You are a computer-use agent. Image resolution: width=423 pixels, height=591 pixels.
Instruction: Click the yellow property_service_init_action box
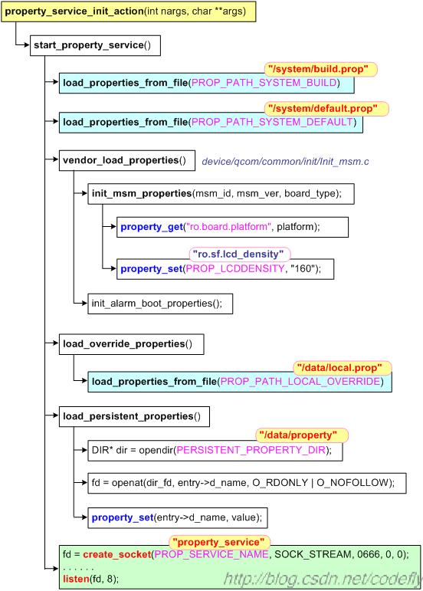tap(129, 11)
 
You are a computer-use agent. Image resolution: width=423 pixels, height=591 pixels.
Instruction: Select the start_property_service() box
tap(95, 45)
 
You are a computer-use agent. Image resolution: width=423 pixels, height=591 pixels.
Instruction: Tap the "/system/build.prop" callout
tap(320, 69)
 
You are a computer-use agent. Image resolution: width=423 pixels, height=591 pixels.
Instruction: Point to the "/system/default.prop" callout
tap(326, 109)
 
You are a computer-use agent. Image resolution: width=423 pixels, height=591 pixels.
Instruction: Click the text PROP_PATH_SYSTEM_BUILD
tap(264, 83)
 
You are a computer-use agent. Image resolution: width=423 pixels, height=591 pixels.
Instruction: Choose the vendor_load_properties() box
tap(127, 160)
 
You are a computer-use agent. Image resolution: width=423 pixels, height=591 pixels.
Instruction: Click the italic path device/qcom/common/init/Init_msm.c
tap(285, 162)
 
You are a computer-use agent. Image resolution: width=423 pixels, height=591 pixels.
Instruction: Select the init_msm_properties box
tap(221, 194)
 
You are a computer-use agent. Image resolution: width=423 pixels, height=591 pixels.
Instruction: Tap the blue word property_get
tap(152, 227)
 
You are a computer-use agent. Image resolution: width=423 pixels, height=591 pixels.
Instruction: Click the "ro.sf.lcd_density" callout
tap(240, 254)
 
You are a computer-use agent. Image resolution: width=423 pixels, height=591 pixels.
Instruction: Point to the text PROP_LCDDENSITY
tap(235, 269)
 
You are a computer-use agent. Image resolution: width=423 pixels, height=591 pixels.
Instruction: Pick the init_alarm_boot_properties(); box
tap(160, 304)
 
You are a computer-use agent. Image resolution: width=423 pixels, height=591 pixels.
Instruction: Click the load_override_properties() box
tap(132, 344)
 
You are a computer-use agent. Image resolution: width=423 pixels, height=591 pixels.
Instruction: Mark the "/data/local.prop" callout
tap(343, 368)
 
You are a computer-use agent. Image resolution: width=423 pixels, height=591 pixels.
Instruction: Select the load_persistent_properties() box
tap(134, 416)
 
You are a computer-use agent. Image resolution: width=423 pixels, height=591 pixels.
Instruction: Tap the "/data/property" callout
tap(302, 435)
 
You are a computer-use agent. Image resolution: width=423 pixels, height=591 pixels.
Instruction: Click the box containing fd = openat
tap(247, 483)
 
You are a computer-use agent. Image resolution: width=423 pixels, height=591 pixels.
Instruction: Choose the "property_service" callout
tap(219, 543)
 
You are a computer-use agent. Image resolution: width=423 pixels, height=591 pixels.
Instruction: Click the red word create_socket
tap(116, 554)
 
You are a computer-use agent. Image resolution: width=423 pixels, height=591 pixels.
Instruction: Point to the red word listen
tap(76, 579)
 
